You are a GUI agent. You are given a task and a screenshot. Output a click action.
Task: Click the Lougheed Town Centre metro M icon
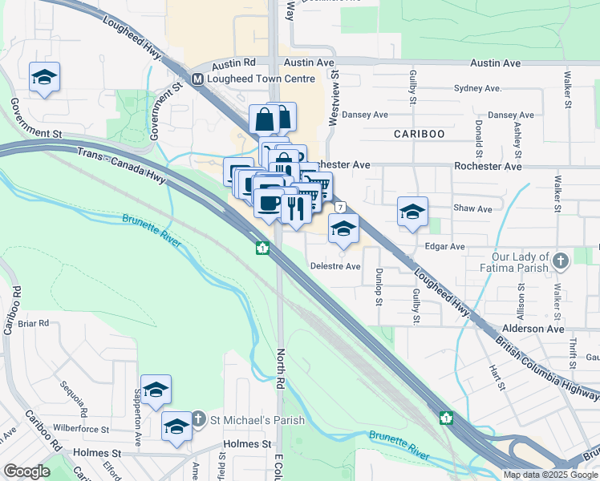coord(197,79)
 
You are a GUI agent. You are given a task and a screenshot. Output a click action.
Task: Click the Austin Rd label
coord(235,62)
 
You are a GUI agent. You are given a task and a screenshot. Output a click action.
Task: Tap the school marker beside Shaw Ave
coord(412,212)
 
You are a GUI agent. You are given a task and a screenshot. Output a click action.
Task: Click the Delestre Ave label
coord(335,267)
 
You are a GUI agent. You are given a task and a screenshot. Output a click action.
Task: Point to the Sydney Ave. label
coord(477,88)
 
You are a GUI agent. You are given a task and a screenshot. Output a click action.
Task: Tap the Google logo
coord(27,472)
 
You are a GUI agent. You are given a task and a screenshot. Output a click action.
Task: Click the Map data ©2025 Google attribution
coord(549,475)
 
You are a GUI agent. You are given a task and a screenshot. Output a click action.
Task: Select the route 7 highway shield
coord(341,208)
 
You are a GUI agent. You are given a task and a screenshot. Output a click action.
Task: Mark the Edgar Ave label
coord(446,247)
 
